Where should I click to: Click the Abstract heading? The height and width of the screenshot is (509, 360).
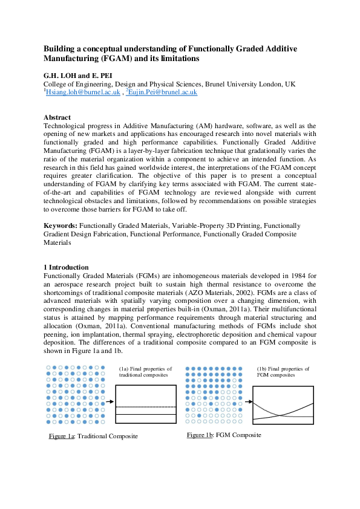click(57, 117)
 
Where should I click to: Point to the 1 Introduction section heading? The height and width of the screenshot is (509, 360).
click(67, 267)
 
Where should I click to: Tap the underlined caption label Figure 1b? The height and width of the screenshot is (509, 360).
click(200, 435)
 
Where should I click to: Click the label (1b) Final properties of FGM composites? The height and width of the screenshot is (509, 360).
click(283, 372)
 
